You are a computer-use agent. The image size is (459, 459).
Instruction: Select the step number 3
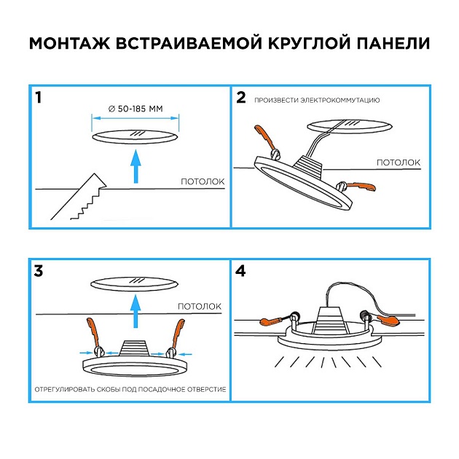39,272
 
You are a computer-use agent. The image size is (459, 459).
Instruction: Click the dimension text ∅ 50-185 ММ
135,109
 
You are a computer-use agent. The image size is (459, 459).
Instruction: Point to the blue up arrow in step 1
134,167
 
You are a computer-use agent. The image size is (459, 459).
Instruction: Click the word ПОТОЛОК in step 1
203,182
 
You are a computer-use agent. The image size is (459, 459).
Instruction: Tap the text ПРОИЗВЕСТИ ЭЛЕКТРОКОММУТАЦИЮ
317,100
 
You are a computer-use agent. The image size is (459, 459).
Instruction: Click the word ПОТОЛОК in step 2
398,162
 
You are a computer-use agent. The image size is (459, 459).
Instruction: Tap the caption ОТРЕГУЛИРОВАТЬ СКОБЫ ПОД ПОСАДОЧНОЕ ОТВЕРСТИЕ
130,390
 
